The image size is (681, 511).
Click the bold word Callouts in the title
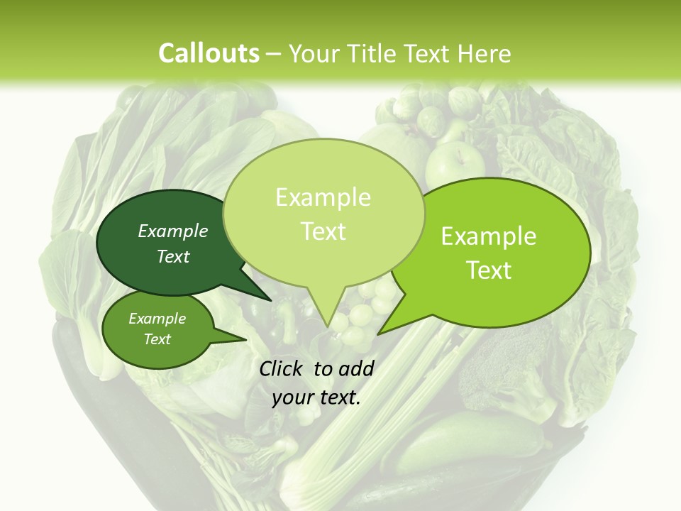[209, 53]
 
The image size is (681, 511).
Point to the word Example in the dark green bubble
[173, 231]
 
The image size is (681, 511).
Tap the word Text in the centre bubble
[323, 231]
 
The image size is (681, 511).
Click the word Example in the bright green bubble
[489, 236]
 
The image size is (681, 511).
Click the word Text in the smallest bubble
[157, 339]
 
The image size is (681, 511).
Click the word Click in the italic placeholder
[282, 368]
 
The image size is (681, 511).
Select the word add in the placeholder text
[356, 368]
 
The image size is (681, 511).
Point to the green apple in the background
[454, 163]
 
